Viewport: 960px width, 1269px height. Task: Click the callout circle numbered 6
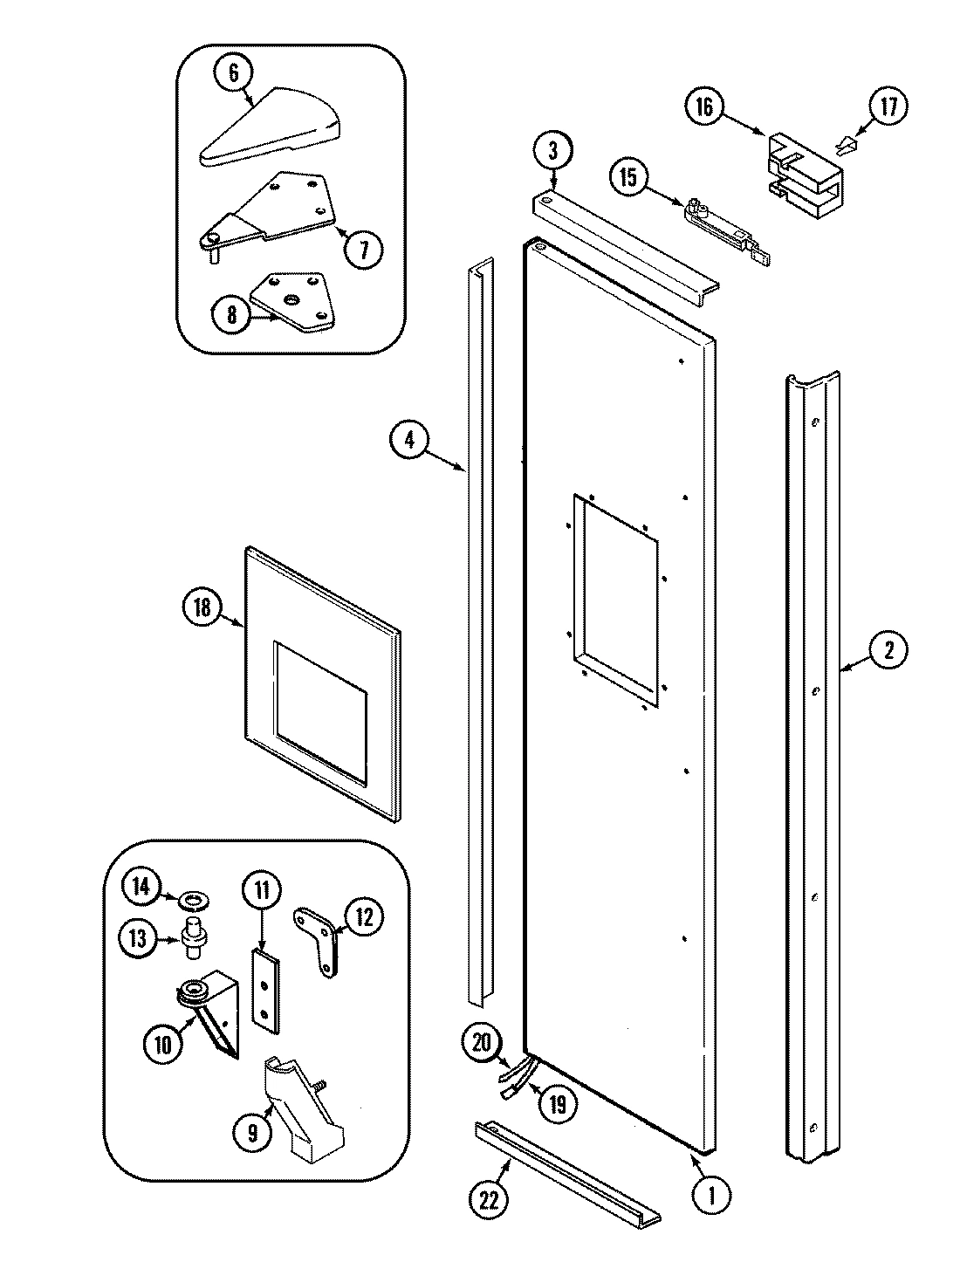tap(233, 73)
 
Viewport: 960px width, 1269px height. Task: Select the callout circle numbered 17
tap(887, 107)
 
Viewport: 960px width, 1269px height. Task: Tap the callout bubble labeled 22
tap(489, 1200)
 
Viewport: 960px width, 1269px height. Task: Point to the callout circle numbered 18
tap(203, 607)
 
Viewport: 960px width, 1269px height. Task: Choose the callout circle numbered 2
tap(887, 649)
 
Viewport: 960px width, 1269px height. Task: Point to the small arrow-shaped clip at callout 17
tap(844, 142)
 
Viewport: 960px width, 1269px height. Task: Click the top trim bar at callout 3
tap(624, 248)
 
